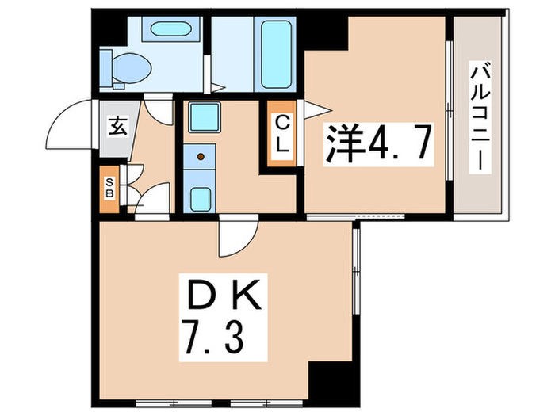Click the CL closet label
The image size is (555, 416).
pyautogui.click(x=283, y=134)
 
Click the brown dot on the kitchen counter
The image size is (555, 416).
pyautogui.click(x=200, y=156)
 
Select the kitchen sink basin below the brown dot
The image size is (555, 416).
pyautogui.click(x=201, y=197)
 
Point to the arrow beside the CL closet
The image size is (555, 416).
pyautogui.click(x=312, y=110)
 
